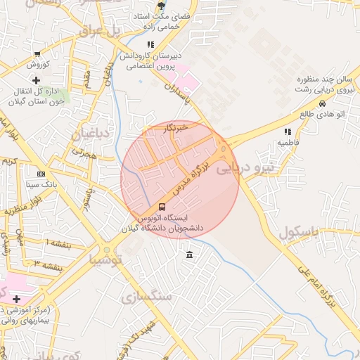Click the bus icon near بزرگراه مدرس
[162, 207]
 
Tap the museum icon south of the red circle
[190, 254]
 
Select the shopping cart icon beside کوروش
[37, 53]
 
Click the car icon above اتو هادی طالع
[322, 103]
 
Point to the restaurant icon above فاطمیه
[287, 131]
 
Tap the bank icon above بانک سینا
[41, 174]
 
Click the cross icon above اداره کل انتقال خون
[36, 80]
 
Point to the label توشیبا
[106, 259]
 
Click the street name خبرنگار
[173, 129]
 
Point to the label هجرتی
[84, 151]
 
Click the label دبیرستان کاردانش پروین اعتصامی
[150, 61]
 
